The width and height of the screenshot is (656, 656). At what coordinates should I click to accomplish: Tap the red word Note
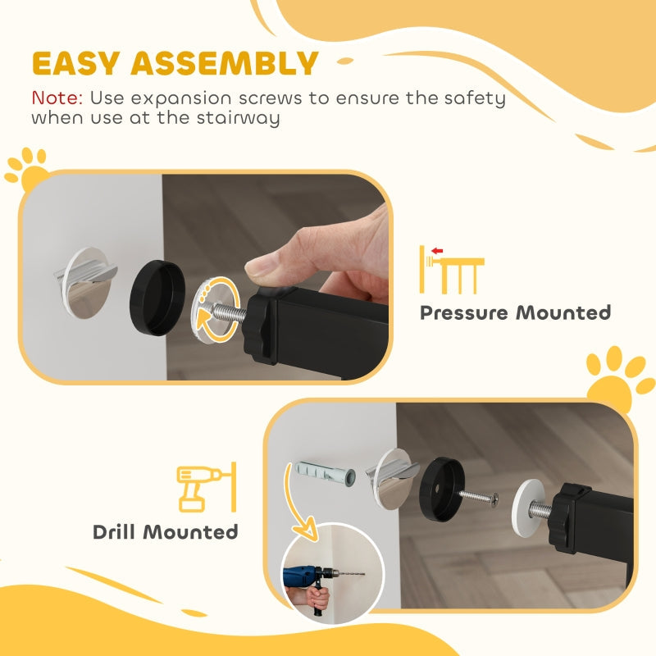(57, 98)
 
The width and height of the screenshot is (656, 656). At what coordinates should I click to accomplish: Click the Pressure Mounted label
(515, 312)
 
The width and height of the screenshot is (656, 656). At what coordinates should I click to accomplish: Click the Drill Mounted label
(166, 531)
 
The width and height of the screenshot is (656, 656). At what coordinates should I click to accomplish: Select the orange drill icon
(201, 489)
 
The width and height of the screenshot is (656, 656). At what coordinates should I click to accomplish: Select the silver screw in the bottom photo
(481, 497)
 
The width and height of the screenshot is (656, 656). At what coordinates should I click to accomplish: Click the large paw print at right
(620, 377)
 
